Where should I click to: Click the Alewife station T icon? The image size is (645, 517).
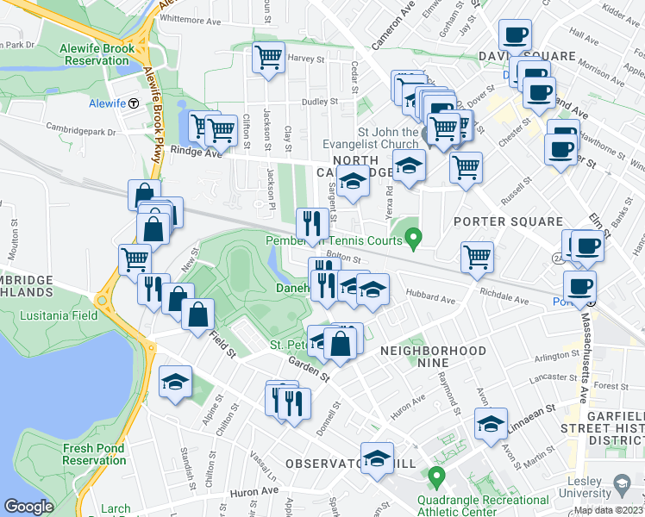pos(135,103)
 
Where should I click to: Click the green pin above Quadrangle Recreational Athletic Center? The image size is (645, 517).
pos(437,476)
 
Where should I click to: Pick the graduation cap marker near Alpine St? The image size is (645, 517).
pos(175,382)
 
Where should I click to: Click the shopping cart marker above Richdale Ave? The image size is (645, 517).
pos(477,257)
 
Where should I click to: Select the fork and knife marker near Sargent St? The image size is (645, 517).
pos(310,224)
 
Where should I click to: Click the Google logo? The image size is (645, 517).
pos(28,507)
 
